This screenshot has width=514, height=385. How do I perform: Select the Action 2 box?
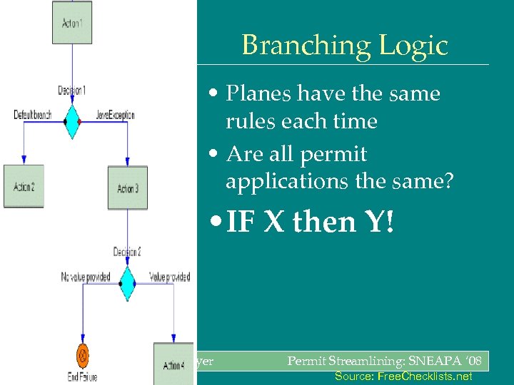click(x=24, y=187)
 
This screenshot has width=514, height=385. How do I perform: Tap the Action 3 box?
click(x=127, y=188)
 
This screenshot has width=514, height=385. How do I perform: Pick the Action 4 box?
click(x=173, y=365)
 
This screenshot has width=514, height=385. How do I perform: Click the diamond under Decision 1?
click(x=72, y=121)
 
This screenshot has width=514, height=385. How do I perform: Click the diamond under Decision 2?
click(x=127, y=284)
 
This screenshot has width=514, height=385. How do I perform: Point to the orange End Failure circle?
click(x=83, y=354)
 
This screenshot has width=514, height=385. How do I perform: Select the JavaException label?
click(x=115, y=115)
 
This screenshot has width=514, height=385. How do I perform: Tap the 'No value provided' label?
click(x=86, y=277)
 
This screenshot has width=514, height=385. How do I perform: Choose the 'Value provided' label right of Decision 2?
click(x=169, y=277)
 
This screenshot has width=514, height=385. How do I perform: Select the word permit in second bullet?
click(x=336, y=154)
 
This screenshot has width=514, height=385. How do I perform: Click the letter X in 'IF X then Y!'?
click(x=273, y=222)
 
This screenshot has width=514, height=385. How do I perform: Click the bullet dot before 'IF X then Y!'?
click(x=216, y=223)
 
